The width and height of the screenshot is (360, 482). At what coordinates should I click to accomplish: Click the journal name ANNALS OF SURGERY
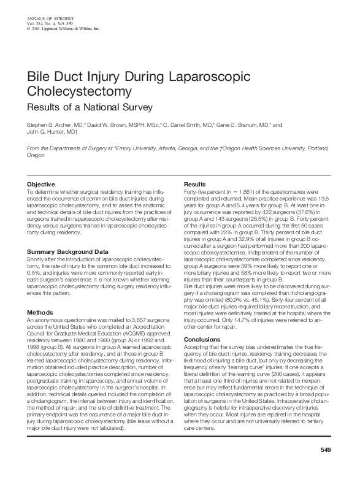[x=48, y=20]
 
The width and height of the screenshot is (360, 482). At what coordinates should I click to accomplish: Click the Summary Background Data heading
[x=67, y=252]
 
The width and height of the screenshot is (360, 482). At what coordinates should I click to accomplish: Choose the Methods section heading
[x=40, y=312]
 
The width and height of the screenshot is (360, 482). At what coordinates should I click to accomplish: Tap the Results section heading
[x=195, y=185]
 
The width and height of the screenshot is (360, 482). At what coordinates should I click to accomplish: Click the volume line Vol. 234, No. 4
[x=46, y=24]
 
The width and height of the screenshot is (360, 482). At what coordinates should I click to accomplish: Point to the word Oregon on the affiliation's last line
[x=37, y=156]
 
